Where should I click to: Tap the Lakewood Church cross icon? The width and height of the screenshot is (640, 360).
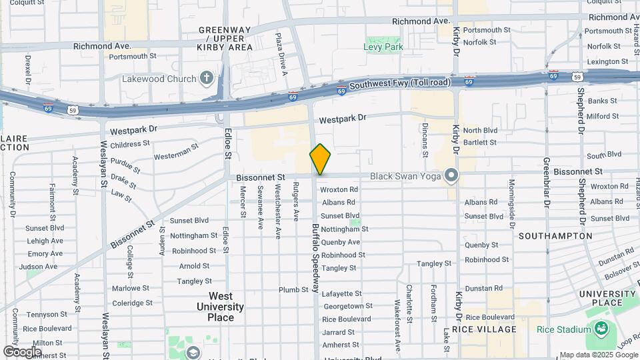tap(207, 79)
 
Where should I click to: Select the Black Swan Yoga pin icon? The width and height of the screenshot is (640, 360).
tap(452, 176)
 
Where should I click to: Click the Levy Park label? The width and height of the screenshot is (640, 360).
tap(383, 47)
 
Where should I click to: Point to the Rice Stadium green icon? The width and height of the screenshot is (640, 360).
tap(602, 329)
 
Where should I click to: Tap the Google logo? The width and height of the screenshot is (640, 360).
tap(22, 351)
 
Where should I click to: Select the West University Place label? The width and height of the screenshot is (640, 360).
tap(220, 307)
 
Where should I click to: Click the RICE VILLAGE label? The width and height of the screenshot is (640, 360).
tap(485, 329)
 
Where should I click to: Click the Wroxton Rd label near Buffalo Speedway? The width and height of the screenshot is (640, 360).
tap(339, 189)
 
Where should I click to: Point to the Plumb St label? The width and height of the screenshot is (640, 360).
tap(293, 290)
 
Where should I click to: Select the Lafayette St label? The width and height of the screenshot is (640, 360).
tap(342, 293)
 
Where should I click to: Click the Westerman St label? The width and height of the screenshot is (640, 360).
tap(176, 156)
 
